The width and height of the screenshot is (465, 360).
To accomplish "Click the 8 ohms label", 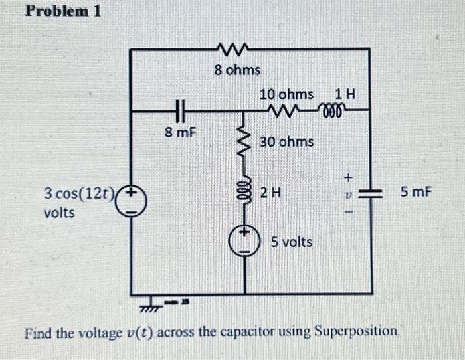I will tap(238, 69).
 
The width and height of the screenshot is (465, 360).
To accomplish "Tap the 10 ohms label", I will tap(286, 96).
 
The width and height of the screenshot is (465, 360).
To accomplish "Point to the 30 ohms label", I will tap(287, 141).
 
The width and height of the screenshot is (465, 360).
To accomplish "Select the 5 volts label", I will tap(291, 242).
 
